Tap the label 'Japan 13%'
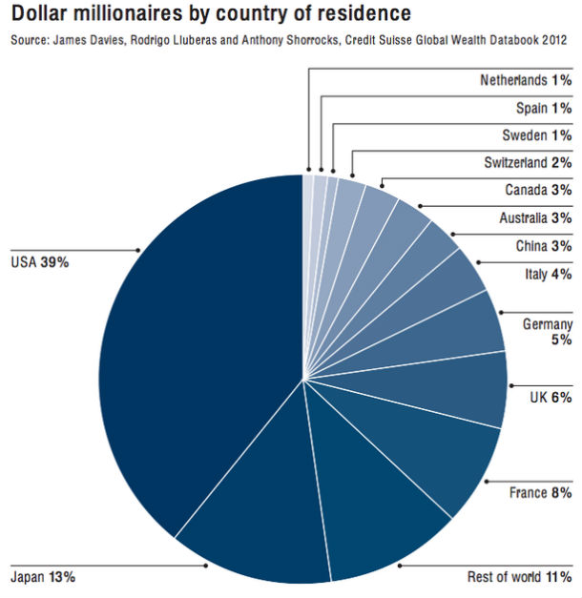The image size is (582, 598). pyautogui.click(x=42, y=577)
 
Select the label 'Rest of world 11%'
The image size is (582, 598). pyautogui.click(x=519, y=577)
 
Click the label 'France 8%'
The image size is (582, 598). pyautogui.click(x=541, y=493)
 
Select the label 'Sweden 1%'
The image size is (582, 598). pyautogui.click(x=536, y=134)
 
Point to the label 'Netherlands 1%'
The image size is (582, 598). pyautogui.click(x=526, y=80)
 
